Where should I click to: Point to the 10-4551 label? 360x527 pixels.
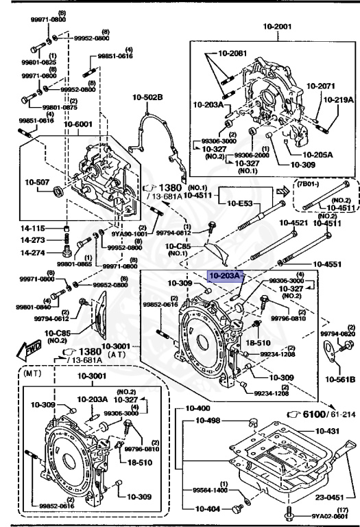[331, 263]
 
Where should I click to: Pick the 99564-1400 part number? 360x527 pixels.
[211, 489]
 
